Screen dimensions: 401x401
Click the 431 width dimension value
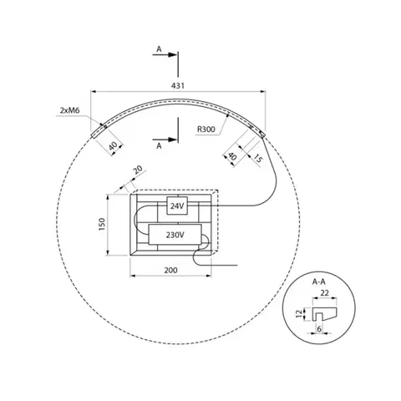[x=178, y=85]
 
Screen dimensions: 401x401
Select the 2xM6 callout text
[x=69, y=110]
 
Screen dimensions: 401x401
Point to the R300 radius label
[x=206, y=129]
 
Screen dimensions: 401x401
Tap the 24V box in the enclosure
[x=177, y=206]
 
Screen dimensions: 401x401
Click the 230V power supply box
[x=175, y=235]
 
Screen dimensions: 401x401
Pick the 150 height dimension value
[x=102, y=224]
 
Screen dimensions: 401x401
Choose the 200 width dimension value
[x=170, y=270]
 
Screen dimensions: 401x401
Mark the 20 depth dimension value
[x=139, y=170]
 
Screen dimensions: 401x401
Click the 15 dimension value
[x=257, y=158]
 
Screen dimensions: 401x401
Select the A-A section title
[x=318, y=282]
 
